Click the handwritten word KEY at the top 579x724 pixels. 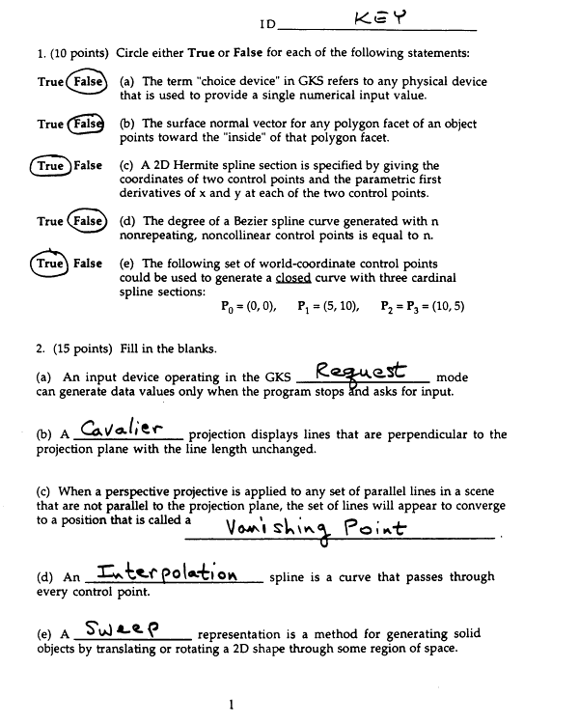coord(380,17)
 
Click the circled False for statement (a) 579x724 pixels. coord(86,82)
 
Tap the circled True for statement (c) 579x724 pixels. coord(49,166)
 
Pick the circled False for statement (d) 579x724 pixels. coord(86,221)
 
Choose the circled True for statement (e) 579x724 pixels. coord(49,263)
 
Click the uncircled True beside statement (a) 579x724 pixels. coord(50,82)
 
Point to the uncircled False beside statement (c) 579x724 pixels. coord(88,166)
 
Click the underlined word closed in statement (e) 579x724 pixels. coord(293,277)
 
